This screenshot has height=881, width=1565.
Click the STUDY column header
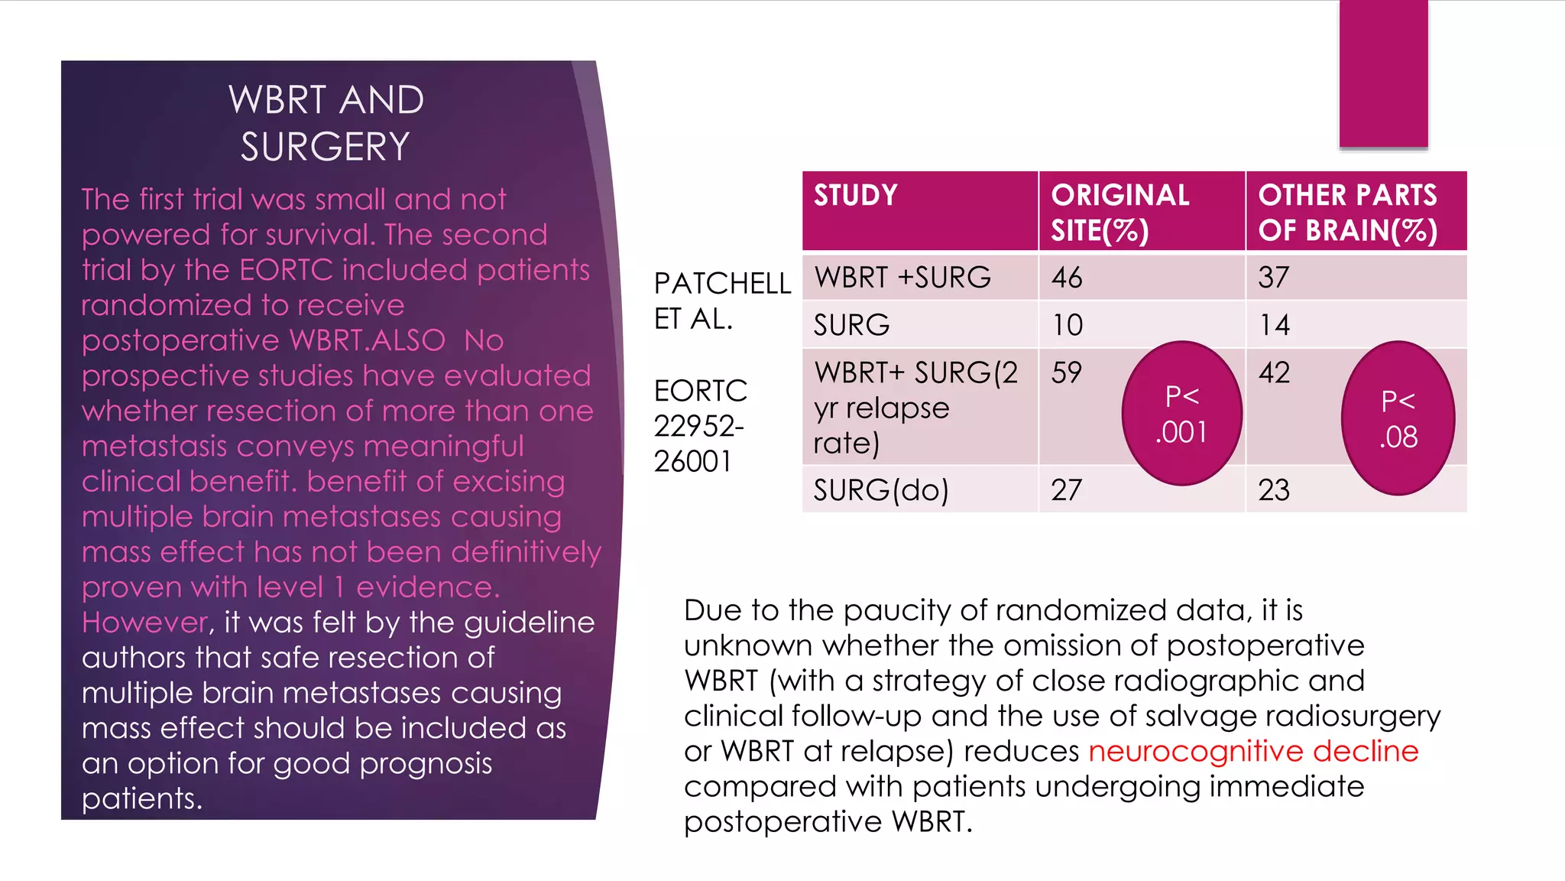pyautogui.click(x=855, y=196)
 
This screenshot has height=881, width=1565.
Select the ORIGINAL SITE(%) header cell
pyautogui.click(x=1119, y=213)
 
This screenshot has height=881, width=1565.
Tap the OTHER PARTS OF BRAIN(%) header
pyautogui.click(x=1348, y=213)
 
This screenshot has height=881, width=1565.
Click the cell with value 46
pyautogui.click(x=1067, y=278)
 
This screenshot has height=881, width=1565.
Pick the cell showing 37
pyautogui.click(x=1274, y=278)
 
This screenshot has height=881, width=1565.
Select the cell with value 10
pyautogui.click(x=1067, y=325)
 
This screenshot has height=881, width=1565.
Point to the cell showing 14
pyautogui.click(x=1274, y=325)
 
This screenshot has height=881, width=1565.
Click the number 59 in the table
pyautogui.click(x=1067, y=373)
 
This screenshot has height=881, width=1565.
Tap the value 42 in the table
pyautogui.click(x=1274, y=373)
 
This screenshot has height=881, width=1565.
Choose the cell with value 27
pyautogui.click(x=1067, y=490)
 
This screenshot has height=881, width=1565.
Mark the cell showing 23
pyautogui.click(x=1274, y=490)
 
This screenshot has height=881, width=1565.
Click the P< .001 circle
pyautogui.click(x=1181, y=414)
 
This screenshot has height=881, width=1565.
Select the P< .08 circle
pyautogui.click(x=1398, y=418)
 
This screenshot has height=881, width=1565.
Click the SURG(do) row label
pyautogui.click(x=881, y=490)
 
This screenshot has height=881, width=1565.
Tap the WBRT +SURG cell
pyautogui.click(x=902, y=278)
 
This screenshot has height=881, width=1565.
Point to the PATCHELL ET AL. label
pyautogui.click(x=721, y=301)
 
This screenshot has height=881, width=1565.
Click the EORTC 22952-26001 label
pyautogui.click(x=700, y=426)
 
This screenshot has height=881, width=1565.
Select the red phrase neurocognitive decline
pyautogui.click(x=1253, y=751)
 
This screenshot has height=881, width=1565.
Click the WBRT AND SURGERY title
pyautogui.click(x=326, y=123)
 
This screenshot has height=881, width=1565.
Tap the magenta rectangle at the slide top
pyautogui.click(x=1383, y=73)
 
